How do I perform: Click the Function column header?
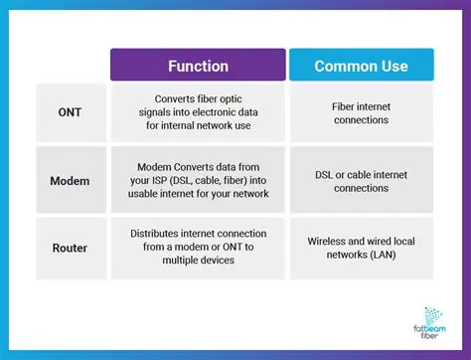pos(197,66)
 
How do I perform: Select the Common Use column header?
pos(361,66)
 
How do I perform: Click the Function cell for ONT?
pos(197,112)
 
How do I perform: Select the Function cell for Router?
pos(197,247)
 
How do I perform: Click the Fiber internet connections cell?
pos(361,112)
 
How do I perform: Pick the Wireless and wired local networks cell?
pos(361,247)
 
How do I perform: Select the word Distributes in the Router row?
pos(158,233)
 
